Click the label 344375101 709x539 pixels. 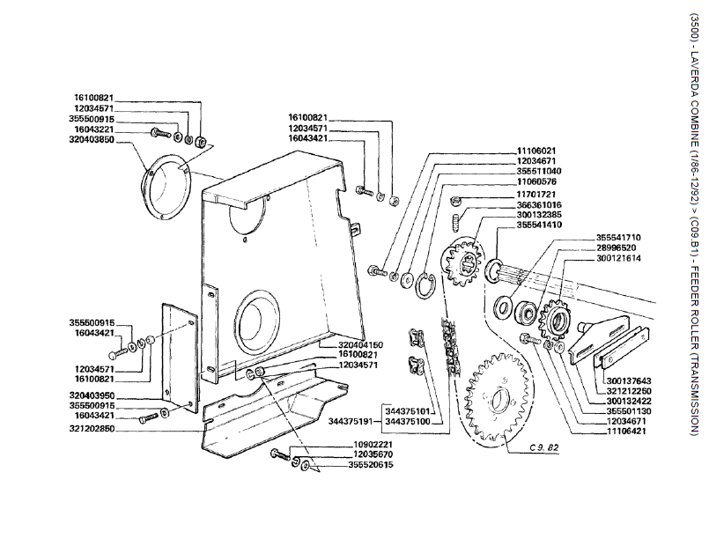pyautogui.click(x=408, y=410)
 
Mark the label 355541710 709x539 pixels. pyautogui.click(x=619, y=237)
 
